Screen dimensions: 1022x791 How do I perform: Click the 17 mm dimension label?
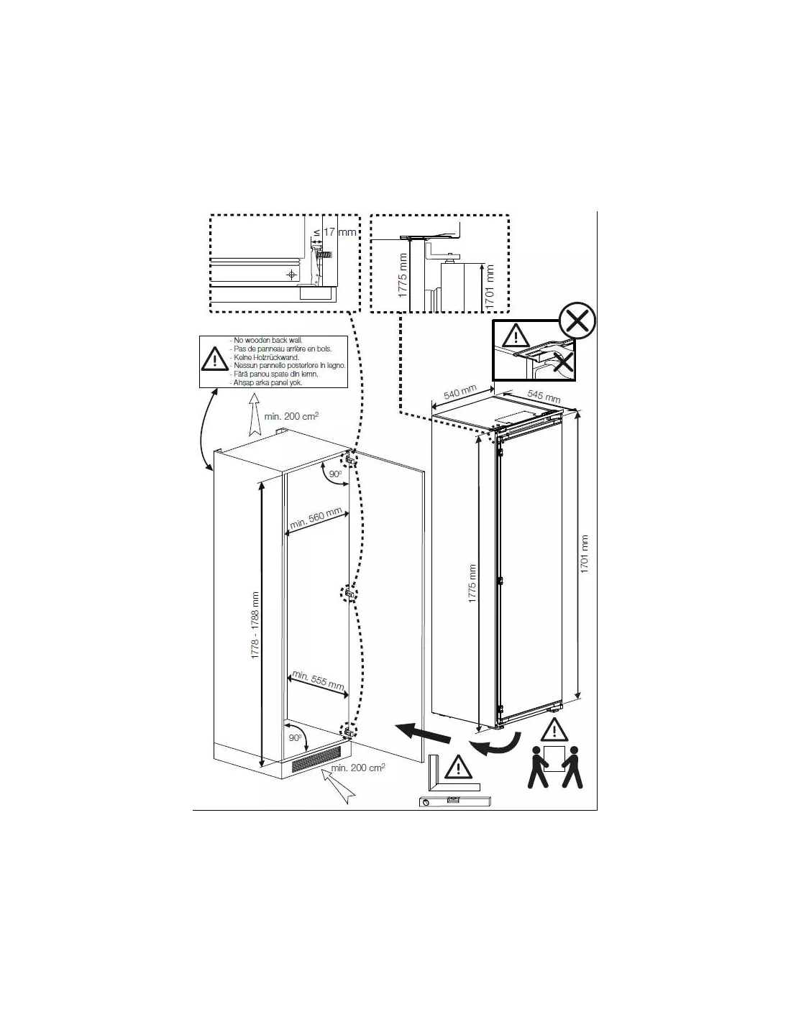coord(339,232)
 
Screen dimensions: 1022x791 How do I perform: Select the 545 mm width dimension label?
coord(544,396)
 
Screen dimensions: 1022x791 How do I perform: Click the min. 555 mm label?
coord(317,681)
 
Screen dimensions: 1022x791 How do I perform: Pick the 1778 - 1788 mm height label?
coord(255,627)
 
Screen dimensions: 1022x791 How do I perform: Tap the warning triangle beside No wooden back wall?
coord(214,359)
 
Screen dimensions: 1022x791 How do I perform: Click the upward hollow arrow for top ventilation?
coord(253,420)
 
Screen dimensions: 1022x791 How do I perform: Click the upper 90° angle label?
coord(334,475)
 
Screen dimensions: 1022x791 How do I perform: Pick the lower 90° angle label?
coord(295,738)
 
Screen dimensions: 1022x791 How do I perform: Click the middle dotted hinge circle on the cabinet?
coord(348,594)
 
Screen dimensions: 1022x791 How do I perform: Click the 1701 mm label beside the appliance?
coord(585,553)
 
